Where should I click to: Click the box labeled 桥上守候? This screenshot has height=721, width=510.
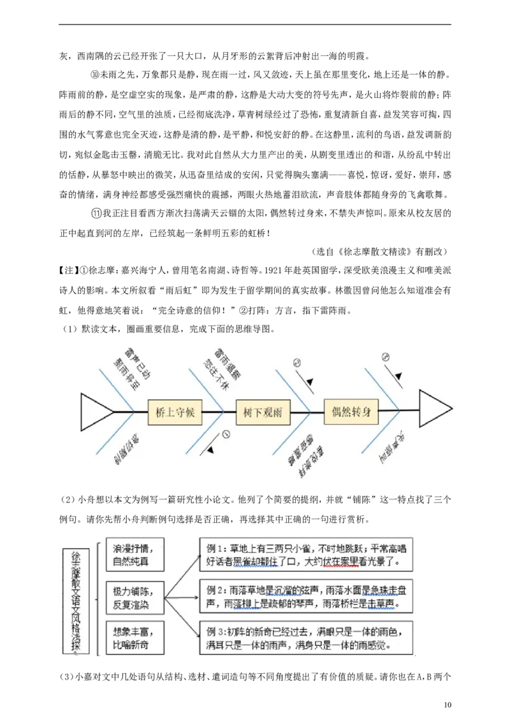point(175,412)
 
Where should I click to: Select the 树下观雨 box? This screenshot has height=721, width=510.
point(263,412)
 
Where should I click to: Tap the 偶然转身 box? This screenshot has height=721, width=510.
point(351,411)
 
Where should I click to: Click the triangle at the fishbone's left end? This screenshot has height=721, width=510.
point(96,411)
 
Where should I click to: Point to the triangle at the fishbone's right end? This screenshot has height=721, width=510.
point(435,408)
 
